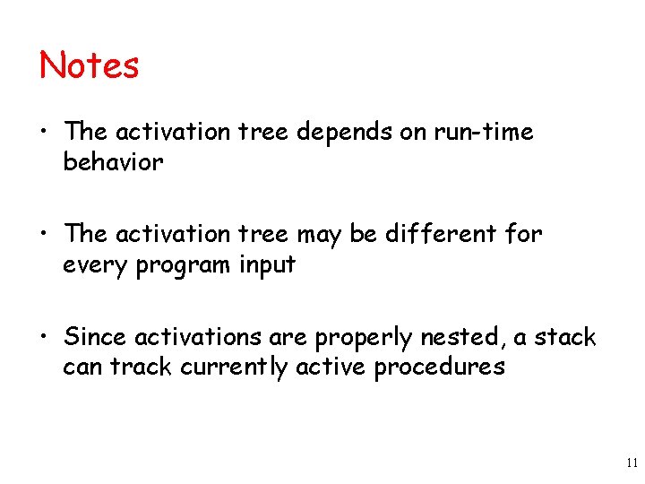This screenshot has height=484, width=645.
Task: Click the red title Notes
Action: coord(90,65)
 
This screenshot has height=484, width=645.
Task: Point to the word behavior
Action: coord(113,162)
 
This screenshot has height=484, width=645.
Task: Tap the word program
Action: coord(187,266)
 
